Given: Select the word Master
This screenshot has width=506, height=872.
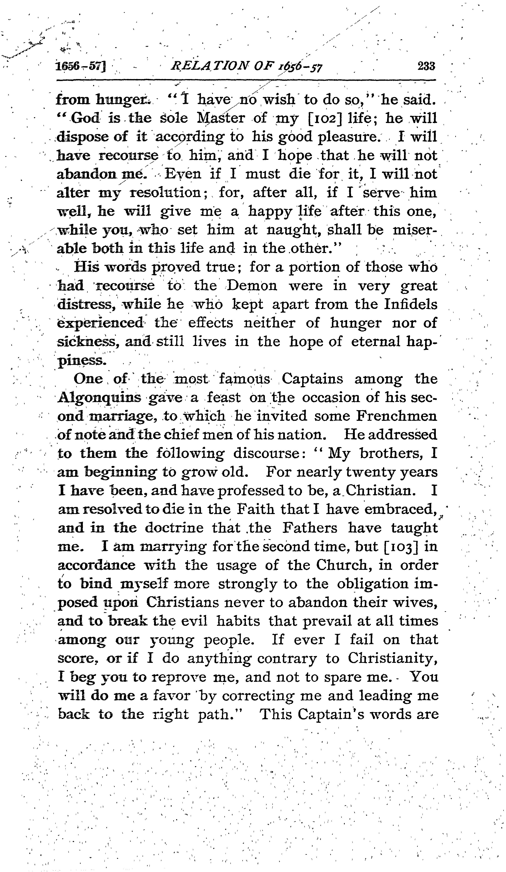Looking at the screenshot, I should click(x=220, y=118).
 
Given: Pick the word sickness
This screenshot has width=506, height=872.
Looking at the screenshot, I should click(x=86, y=342).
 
